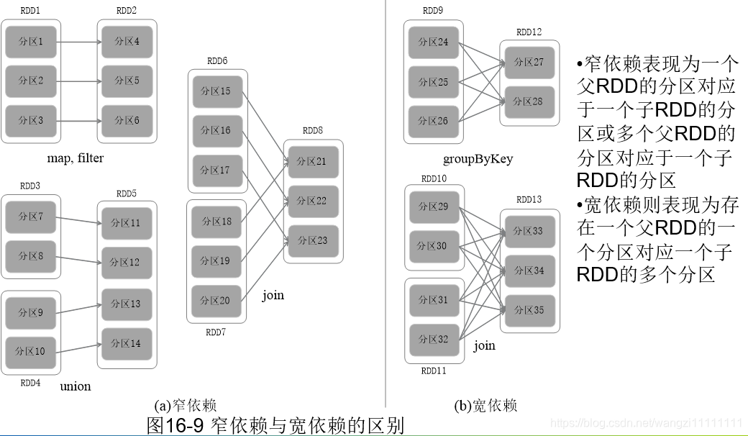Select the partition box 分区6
tap(127, 120)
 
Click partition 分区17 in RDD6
tap(216, 170)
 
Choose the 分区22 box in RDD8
tap(313, 201)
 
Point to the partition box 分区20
tap(216, 301)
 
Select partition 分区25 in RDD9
tap(433, 81)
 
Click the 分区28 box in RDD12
tap(529, 101)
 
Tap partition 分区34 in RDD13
tap(529, 271)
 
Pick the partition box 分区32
tap(433, 339)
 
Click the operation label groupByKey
tap(478, 159)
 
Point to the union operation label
tap(75, 386)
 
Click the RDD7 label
tap(216, 332)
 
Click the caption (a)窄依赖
tap(186, 406)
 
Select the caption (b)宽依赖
tap(485, 406)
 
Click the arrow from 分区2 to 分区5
tap(78, 81)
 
